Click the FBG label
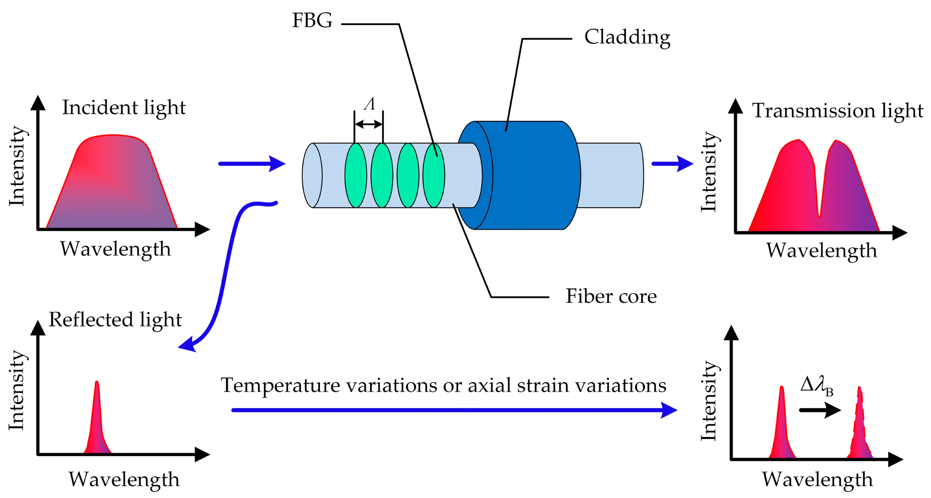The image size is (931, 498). click(312, 20)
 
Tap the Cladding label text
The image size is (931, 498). click(627, 38)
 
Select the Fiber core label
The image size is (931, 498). click(611, 296)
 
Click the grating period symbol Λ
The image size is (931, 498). click(369, 104)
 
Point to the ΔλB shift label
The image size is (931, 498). click(816, 387)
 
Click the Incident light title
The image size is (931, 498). click(123, 108)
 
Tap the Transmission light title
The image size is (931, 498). click(837, 111)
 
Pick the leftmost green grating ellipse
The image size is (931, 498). click(355, 175)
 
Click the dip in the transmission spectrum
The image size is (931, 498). click(819, 212)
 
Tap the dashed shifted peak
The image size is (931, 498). click(859, 425)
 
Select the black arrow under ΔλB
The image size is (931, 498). click(819, 410)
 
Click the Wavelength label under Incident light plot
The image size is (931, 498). click(115, 249)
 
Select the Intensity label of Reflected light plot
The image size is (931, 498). click(17, 390)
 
